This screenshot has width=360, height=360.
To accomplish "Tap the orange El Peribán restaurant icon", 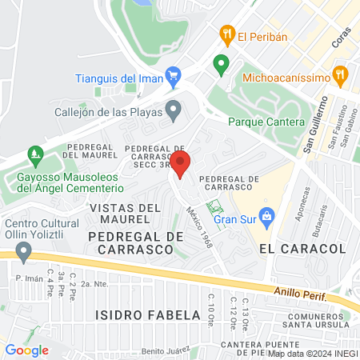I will point(226,34).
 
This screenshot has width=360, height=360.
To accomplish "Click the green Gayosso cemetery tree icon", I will point(34,152).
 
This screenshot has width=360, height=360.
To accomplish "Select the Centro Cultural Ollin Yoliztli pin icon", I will point(23,252).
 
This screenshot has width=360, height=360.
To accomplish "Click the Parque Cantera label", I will point(266,122).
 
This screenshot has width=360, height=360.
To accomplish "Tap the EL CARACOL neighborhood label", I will point(302,249).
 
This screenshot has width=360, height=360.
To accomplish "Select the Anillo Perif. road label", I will point(302,294).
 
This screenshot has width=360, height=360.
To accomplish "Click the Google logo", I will point(26,350).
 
